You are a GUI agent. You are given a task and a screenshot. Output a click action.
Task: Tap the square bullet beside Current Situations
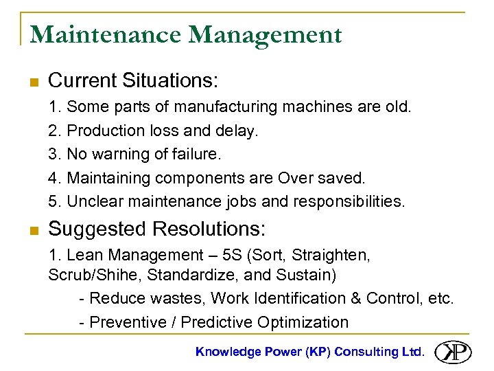(x=32, y=82)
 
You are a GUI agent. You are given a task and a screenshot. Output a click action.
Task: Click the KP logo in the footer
(x=452, y=352)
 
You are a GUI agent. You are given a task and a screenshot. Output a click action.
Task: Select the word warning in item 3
(x=119, y=154)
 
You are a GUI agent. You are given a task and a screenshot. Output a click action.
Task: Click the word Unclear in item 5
(x=95, y=202)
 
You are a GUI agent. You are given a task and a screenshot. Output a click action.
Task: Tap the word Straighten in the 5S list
(x=333, y=256)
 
